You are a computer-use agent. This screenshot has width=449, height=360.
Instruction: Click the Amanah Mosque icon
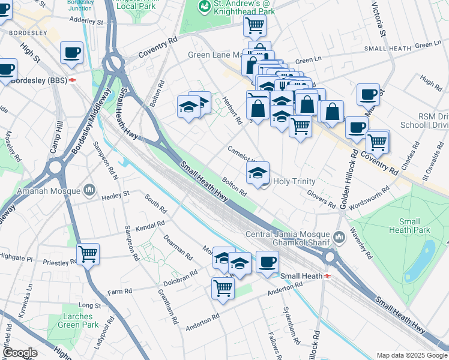pos(89,190)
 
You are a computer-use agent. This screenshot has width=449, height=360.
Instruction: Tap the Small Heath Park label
pos(409,226)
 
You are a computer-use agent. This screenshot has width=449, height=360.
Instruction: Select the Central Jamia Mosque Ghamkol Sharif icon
pos(339,238)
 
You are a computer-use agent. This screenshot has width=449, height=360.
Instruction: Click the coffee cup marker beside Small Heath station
pos(267,261)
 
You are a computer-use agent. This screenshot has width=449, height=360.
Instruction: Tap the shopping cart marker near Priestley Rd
pos(88,254)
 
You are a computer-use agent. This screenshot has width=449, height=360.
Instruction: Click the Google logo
pos(20,353)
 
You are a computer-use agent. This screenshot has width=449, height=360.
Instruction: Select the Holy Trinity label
pos(294,181)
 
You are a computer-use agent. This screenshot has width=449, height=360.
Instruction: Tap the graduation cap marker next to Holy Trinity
pos(258,173)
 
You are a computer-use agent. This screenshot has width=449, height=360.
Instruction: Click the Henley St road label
pos(115,195)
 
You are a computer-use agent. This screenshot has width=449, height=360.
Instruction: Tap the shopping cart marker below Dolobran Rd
pos(222,287)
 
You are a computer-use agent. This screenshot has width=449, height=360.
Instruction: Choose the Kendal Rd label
pos(150,227)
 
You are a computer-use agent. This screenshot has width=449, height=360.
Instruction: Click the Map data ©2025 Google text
pos(411,355)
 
